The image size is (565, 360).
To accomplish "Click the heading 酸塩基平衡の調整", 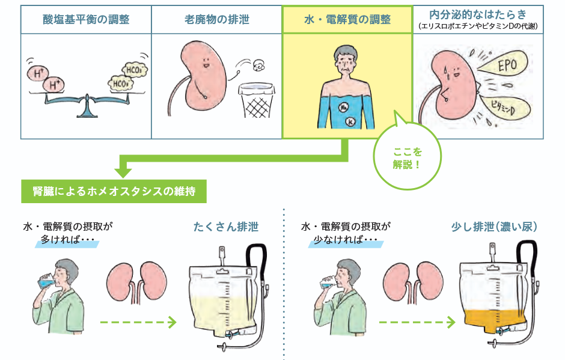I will (x=86, y=20).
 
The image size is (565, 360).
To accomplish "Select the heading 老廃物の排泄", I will (x=216, y=20).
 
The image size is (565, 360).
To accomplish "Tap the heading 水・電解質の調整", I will (x=347, y=20).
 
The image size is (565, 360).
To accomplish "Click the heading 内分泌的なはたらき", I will (x=479, y=14).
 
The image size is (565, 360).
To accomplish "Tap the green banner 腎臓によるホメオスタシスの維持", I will (x=114, y=192).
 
